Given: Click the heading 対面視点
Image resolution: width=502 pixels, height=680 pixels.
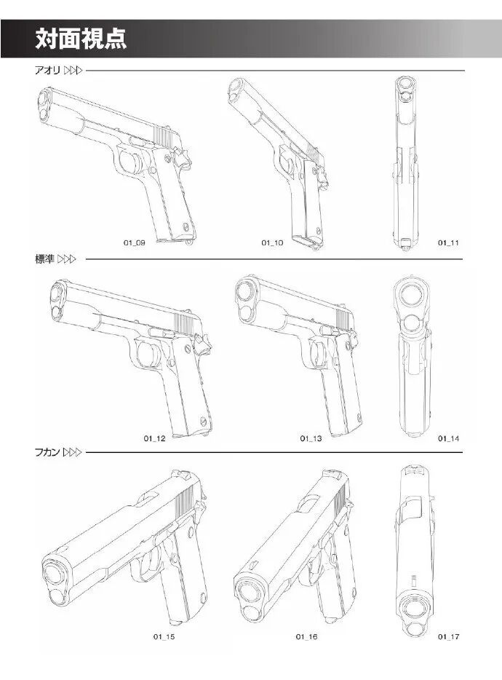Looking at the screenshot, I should click(81, 39).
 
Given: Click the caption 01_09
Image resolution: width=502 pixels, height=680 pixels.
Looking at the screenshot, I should click(133, 242).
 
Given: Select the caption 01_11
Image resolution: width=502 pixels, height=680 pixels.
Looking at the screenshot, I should click(448, 242).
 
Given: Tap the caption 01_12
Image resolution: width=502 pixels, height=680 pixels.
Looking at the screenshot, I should click(154, 438).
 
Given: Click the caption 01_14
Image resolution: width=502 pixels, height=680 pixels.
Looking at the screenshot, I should click(448, 438).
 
